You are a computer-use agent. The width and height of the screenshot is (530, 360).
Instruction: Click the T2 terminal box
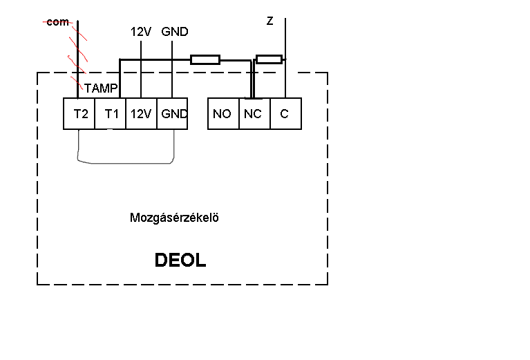coord(79,114)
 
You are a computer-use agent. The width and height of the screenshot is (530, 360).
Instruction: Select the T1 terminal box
coord(111,114)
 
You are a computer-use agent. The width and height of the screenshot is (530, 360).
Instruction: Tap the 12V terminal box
coord(141,114)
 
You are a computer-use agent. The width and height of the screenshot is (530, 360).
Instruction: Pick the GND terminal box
coord(172,114)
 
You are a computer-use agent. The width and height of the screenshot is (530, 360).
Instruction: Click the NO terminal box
coord(223,114)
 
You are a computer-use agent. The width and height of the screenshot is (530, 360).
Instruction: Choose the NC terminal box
coord(253,114)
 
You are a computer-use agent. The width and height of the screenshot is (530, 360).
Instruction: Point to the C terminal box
coord(285,114)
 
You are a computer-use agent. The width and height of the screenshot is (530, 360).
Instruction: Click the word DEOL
coord(180,260)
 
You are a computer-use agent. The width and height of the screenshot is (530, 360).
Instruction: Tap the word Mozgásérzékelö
coord(174,218)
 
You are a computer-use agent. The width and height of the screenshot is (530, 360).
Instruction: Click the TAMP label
coord(102,88)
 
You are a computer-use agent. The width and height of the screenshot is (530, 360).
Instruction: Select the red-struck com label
coord(57,22)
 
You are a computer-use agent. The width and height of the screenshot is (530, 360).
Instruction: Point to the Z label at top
coord(269,21)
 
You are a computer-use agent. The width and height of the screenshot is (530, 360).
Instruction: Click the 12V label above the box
coord(141,32)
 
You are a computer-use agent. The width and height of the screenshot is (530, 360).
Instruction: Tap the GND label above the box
coord(174,32)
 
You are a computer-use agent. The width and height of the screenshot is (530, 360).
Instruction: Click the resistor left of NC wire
coord(205,59)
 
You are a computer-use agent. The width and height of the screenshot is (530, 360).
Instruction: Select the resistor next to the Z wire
coord(268,58)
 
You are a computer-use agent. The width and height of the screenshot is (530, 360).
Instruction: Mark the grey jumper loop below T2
coord(124,163)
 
